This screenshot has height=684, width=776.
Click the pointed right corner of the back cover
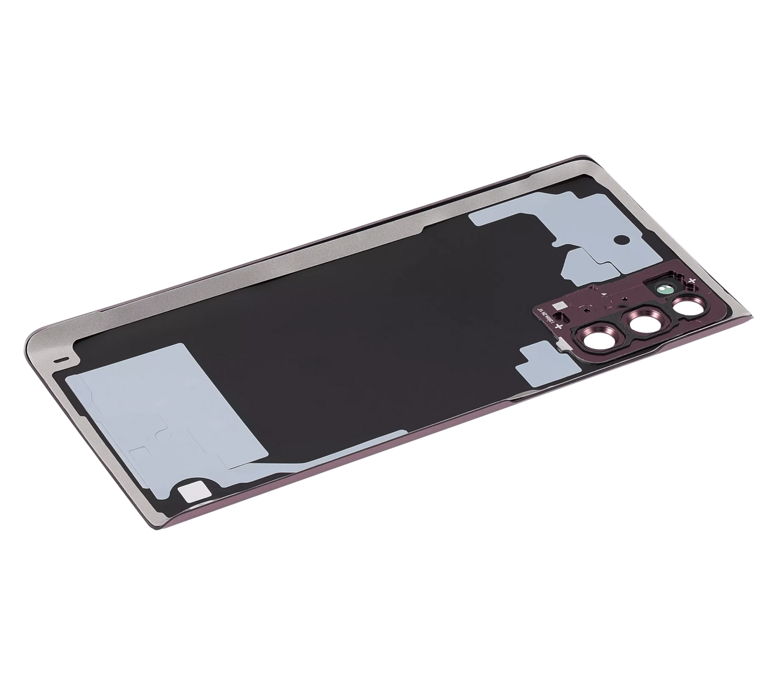coord(752,316)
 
